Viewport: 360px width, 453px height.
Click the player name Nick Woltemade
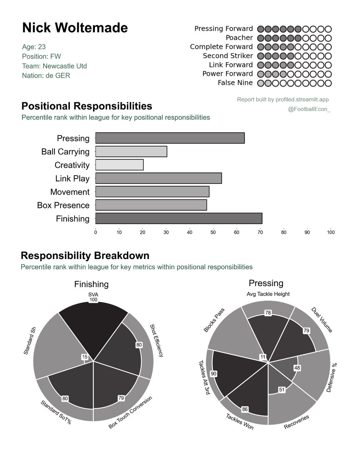coord(75,28)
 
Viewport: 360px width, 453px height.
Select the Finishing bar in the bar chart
coord(179,219)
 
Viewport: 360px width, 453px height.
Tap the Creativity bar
coord(119,165)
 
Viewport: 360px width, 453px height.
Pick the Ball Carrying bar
coord(131,151)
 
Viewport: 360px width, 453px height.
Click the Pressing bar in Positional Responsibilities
coord(170,138)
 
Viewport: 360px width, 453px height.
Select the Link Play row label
coord(72,179)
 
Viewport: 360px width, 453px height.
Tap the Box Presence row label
coord(63,205)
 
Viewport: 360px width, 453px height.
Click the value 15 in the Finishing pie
coord(84,357)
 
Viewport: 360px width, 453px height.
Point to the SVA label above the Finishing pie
coord(93,294)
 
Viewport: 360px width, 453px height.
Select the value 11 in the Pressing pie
coord(262,357)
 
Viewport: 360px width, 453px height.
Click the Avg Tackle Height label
coord(268,294)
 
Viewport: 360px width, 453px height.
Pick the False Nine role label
coord(235,83)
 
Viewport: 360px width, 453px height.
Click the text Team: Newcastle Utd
coord(54,66)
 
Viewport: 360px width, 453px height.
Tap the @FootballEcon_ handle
coord(309,110)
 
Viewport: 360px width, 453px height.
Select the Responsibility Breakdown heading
coord(85,256)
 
